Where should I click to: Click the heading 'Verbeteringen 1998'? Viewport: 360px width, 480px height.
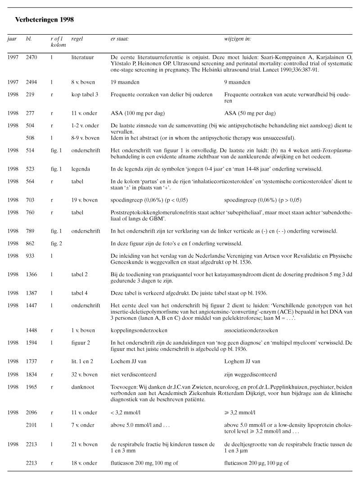[x=45, y=20]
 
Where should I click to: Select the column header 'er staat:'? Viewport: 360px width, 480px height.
[x=120, y=39]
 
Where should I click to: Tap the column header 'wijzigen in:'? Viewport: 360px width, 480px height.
[x=238, y=39]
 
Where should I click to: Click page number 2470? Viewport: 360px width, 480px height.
[x=32, y=57]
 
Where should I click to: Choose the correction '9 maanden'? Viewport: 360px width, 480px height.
[x=237, y=82]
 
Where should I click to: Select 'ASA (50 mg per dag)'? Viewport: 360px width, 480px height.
[x=250, y=113]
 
